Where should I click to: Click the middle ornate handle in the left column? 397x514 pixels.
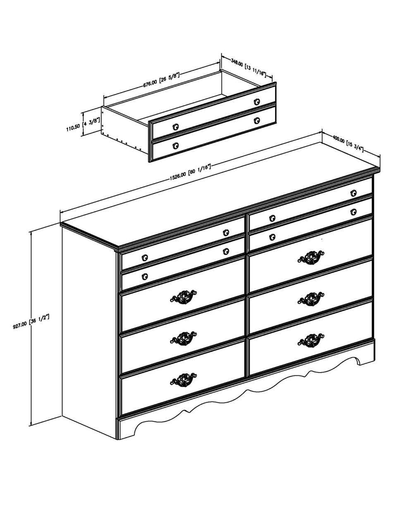(183, 338)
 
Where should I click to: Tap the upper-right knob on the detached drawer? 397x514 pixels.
(257, 101)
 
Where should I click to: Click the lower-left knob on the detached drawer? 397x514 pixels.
(176, 145)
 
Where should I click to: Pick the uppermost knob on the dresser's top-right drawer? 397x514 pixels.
(353, 193)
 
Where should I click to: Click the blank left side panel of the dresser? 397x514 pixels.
(88, 331)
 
